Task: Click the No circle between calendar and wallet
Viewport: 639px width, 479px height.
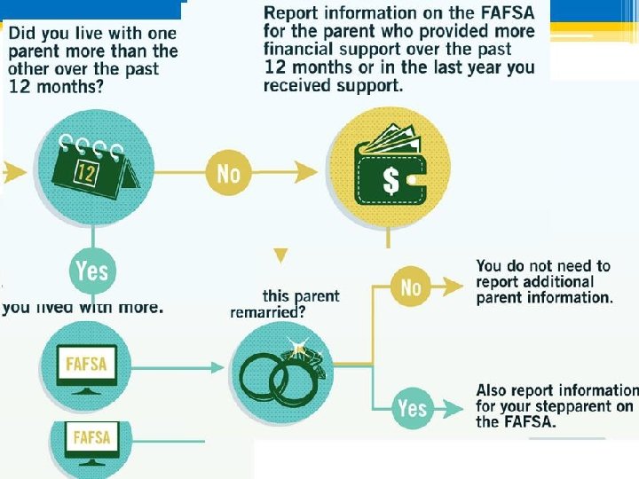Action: (x=228, y=172)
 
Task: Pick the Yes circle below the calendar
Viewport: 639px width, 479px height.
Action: (x=92, y=270)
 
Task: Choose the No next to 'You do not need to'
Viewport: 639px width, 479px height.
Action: (x=411, y=287)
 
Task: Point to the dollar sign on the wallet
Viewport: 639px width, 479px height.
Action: (x=390, y=181)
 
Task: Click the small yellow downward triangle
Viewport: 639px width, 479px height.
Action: (x=280, y=255)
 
